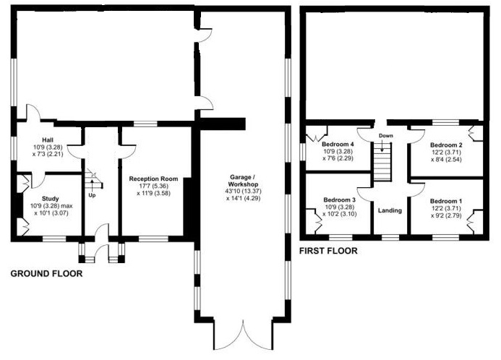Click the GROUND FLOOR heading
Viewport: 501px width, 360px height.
pos(47,274)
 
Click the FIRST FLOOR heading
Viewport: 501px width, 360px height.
pos(328,251)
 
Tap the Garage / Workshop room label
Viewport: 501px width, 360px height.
pos(243,181)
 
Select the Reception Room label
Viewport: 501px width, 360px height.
pos(153,179)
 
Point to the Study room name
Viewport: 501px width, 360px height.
pos(50,199)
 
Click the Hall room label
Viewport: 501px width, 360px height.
pos(48,140)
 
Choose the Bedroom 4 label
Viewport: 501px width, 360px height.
pos(338,144)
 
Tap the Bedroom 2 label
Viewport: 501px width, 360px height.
pos(446,145)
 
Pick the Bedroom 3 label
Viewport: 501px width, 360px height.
pos(339,200)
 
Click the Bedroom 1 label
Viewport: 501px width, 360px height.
pos(446,201)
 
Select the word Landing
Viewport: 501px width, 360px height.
pos(390,210)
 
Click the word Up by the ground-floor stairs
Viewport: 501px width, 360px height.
pos(92,195)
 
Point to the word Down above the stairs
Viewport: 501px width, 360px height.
pos(386,136)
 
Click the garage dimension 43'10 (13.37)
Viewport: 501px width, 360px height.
pos(243,192)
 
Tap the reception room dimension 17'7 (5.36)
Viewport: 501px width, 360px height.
pos(154,187)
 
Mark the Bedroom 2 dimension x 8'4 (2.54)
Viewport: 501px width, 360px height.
pos(446,159)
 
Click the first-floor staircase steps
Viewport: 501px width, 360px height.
pos(382,162)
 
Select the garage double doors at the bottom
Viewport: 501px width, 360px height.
pos(243,335)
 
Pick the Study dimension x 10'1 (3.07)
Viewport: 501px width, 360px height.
pos(50,213)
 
